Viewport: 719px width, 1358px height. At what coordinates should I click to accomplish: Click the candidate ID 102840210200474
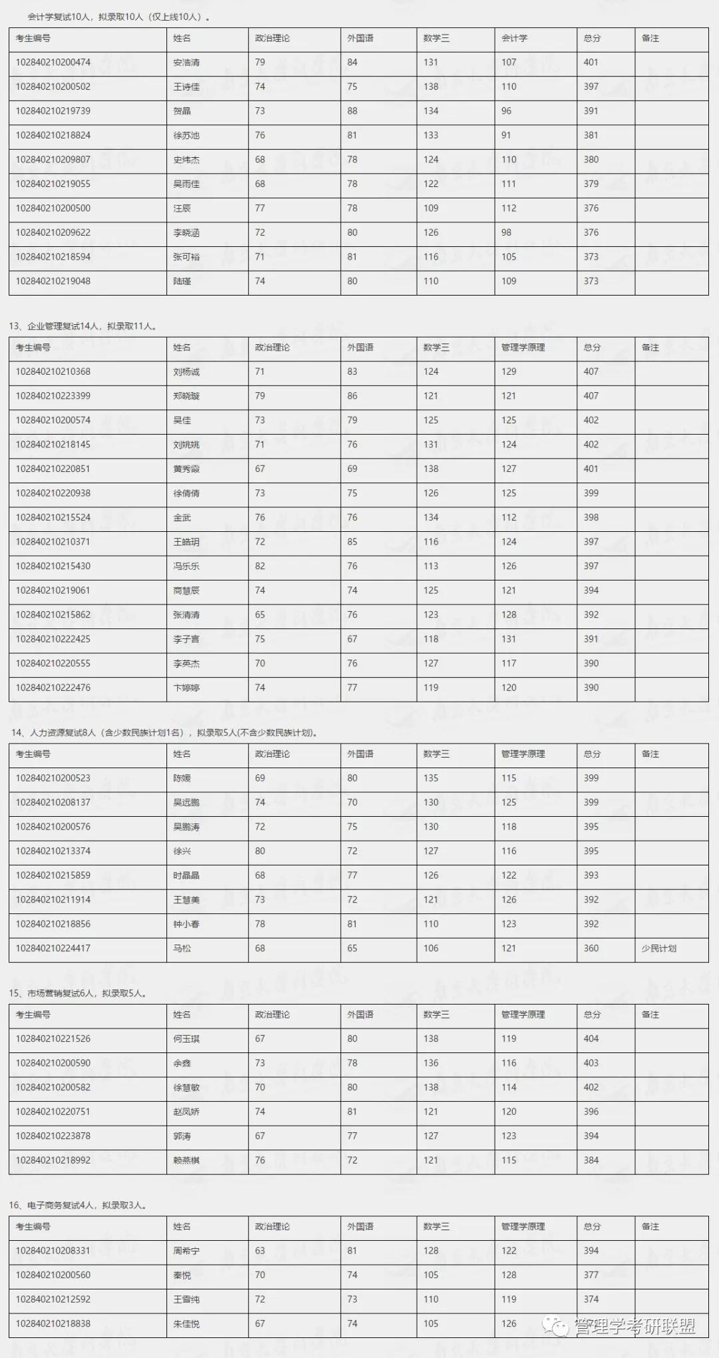53,63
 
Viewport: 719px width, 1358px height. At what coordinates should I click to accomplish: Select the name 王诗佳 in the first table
186,87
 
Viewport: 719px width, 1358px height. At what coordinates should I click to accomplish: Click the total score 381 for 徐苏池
591,135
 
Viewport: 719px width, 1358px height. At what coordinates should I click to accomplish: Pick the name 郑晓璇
186,396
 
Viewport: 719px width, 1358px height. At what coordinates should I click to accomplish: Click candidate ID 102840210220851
53,469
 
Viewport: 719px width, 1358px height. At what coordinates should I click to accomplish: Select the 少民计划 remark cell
659,948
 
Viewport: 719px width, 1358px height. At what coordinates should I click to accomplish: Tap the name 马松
182,948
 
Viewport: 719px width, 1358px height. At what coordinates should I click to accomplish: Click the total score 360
591,948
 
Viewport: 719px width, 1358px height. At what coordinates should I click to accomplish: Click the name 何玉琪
186,1038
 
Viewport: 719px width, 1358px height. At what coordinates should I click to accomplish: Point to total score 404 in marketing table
591,1038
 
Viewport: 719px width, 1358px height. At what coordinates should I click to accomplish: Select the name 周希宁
186,1251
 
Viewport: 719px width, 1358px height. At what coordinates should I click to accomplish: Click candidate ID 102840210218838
53,1323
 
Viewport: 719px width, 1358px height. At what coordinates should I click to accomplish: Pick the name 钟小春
186,924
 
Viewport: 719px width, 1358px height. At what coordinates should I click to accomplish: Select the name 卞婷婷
186,688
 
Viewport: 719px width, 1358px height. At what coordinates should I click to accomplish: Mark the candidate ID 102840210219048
53,281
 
